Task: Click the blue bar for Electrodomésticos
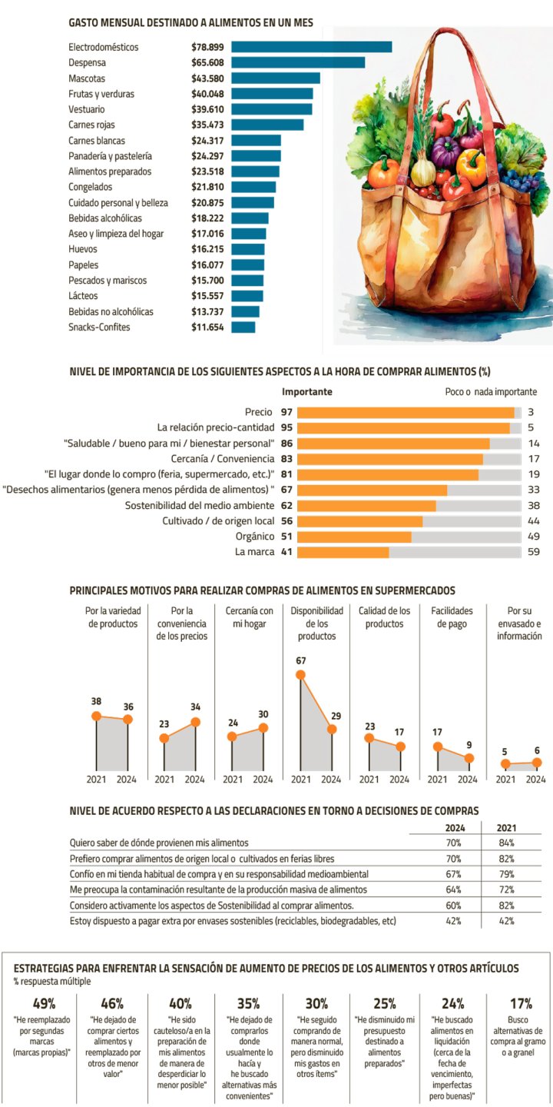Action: [310, 47]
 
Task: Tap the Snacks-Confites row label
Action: [99, 327]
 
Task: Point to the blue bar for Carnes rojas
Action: [267, 125]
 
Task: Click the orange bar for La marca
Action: [343, 552]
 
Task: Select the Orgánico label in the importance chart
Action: [254, 537]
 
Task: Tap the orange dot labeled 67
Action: [300, 675]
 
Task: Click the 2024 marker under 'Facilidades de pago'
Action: [469, 758]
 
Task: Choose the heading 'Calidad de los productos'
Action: [385, 617]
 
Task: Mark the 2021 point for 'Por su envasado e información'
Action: [505, 764]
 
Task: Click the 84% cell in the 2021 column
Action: [506, 843]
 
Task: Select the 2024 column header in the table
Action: [454, 828]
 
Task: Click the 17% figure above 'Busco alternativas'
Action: [521, 1004]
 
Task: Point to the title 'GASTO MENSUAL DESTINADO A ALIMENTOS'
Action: [190, 23]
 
